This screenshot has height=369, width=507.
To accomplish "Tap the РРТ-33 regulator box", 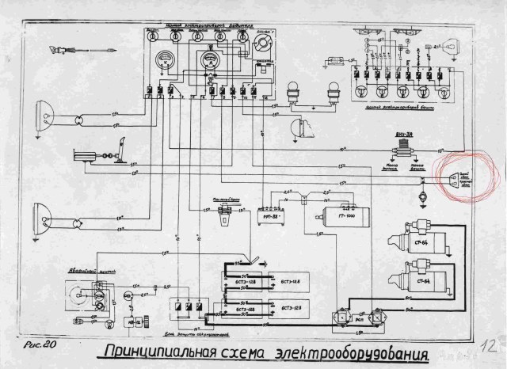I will click(273, 214).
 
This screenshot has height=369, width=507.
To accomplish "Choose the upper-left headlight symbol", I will click(44, 119).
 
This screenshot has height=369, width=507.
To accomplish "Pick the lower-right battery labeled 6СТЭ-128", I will click(282, 307).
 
